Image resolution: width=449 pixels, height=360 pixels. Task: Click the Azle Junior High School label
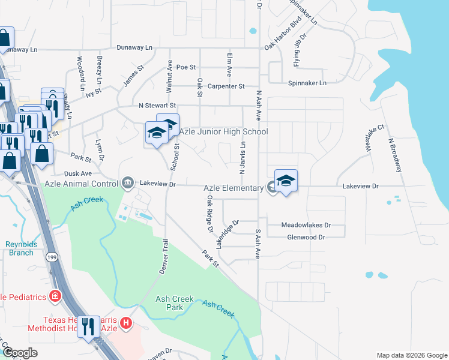[223, 131]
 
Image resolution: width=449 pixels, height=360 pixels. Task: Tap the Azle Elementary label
[234, 188]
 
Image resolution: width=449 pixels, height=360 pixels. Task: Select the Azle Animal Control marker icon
[127, 182]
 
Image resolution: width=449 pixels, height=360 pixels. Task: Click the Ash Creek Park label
[177, 303]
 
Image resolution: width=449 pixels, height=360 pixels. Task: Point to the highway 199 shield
[52, 257]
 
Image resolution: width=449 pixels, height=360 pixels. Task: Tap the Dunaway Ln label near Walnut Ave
[134, 47]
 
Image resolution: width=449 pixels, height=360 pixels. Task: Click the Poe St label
[187, 68]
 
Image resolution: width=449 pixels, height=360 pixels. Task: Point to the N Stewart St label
[157, 106]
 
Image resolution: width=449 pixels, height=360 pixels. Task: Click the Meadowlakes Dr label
[306, 225]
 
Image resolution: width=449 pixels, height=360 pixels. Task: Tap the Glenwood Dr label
[306, 238]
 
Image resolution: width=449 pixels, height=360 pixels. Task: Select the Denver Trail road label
[163, 257]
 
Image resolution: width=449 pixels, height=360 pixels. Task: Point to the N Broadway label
[394, 155]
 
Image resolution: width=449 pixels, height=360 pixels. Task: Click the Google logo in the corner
[20, 353]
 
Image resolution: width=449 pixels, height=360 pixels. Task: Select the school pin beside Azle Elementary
[286, 181]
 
